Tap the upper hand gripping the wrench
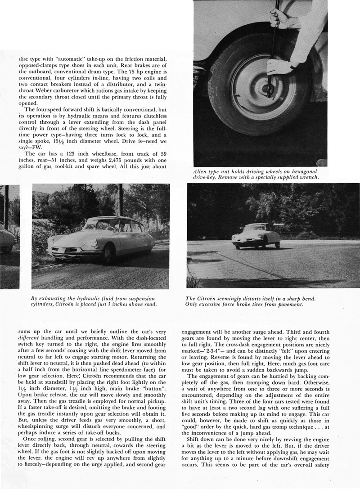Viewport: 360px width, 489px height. (282, 18)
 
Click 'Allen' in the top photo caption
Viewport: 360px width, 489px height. (200, 171)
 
